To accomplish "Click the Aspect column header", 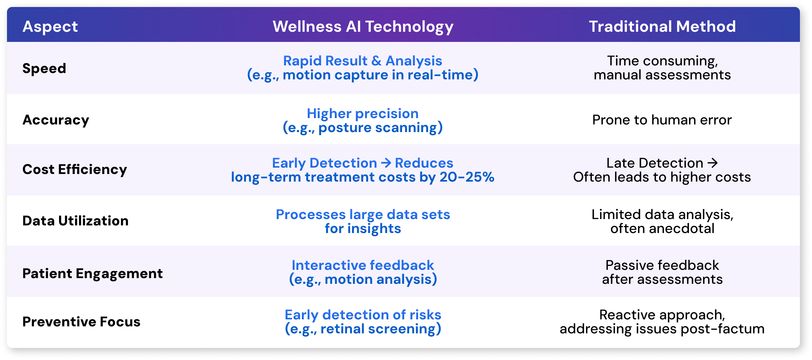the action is pos(50,27).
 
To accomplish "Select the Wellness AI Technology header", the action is pos(363,27).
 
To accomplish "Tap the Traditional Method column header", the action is pos(662,26).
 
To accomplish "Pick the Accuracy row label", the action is pos(56,120).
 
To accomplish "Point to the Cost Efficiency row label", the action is pos(75,170).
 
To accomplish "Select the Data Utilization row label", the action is pos(75,221).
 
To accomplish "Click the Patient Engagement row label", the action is pos(92,274).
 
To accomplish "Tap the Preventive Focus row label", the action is pos(81,322).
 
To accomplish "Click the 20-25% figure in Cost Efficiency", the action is pos(467,177).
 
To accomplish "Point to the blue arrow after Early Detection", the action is pos(386,163).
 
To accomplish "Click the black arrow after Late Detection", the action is pos(713,163).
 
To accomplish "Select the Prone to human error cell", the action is pos(662,120).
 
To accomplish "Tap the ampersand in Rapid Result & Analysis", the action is pos(376,61).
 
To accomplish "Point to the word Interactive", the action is pos(329,265).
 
